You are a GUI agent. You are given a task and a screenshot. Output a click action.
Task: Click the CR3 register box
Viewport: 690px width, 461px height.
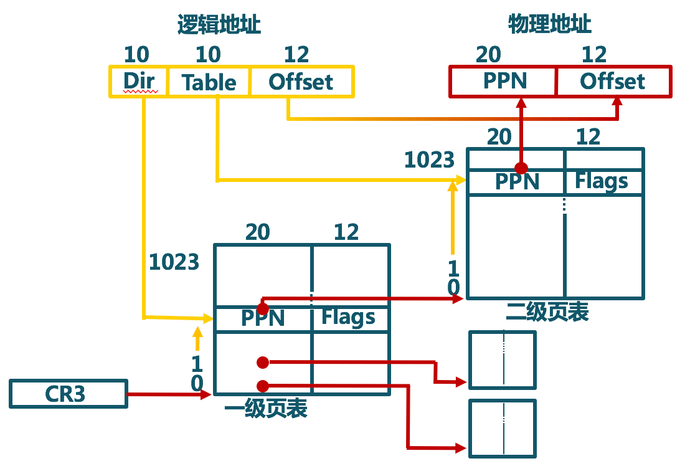(x=68, y=394)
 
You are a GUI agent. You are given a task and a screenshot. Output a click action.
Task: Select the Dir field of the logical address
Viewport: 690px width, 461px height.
(x=138, y=82)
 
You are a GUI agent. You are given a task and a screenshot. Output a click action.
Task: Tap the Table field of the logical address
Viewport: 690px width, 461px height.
(x=209, y=82)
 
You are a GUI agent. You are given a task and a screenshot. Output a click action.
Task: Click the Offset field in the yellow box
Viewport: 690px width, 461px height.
(x=301, y=82)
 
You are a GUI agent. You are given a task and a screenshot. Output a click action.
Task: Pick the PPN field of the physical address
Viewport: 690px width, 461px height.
(x=504, y=81)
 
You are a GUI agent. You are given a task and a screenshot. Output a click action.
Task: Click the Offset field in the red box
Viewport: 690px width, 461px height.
(x=613, y=81)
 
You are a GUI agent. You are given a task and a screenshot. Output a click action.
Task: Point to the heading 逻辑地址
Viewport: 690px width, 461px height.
(x=219, y=25)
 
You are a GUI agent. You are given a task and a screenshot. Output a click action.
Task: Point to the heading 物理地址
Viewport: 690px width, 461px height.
(x=549, y=24)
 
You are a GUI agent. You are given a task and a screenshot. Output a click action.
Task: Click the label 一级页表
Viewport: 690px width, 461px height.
(x=266, y=409)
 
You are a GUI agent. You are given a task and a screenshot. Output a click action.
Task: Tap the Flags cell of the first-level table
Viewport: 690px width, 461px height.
(x=349, y=318)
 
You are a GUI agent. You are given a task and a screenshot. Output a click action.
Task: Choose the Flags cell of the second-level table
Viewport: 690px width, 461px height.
(x=602, y=181)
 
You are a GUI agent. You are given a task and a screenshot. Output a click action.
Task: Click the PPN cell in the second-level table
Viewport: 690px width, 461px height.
(x=517, y=182)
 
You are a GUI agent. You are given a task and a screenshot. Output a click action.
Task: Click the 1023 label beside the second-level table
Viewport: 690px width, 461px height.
(x=429, y=160)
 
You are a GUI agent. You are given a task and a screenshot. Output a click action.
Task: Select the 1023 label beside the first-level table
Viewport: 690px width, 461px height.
(x=174, y=262)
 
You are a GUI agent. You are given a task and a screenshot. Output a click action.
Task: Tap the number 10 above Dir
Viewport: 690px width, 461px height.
(x=136, y=55)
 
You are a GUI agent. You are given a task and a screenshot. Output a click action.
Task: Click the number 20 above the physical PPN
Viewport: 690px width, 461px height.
(x=488, y=55)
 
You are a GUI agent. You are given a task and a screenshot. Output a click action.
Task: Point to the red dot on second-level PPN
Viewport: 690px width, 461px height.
(x=521, y=168)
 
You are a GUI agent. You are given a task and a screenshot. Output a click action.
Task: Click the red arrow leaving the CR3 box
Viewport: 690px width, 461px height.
(x=168, y=394)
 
